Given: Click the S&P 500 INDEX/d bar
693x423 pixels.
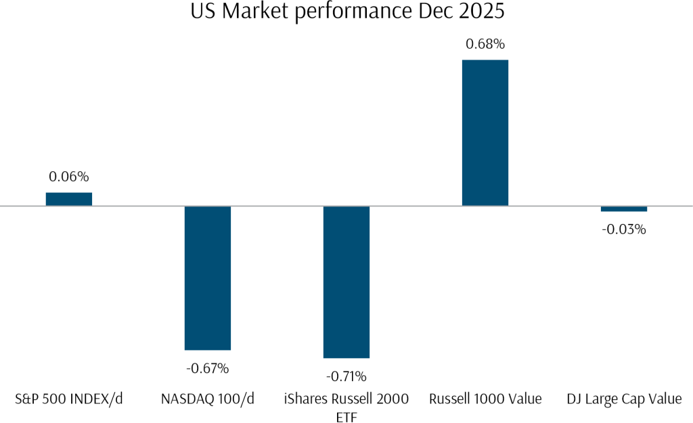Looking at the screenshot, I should click(x=69, y=199).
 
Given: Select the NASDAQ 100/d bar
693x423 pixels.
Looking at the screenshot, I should click(x=208, y=277).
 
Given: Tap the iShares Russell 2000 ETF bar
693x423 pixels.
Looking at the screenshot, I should click(x=346, y=282).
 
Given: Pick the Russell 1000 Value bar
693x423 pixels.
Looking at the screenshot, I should click(x=485, y=133).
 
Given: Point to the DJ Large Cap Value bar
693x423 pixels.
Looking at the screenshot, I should click(x=624, y=208).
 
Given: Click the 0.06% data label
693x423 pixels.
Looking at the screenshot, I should click(x=69, y=177).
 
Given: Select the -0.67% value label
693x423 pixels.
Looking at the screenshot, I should click(x=208, y=369).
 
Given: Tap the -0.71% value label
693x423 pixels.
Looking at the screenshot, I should click(x=346, y=376).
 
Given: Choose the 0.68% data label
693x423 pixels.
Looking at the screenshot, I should click(x=485, y=45).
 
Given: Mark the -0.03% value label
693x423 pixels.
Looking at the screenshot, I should click(x=624, y=229).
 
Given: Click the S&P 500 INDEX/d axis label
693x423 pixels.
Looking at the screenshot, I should click(x=69, y=399).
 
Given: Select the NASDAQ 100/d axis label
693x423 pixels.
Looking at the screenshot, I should click(x=208, y=399).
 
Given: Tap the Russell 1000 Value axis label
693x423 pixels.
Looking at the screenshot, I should click(x=485, y=399).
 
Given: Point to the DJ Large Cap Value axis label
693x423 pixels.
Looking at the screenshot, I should click(x=624, y=399).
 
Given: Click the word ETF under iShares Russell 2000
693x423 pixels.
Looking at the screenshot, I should click(x=346, y=417).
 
